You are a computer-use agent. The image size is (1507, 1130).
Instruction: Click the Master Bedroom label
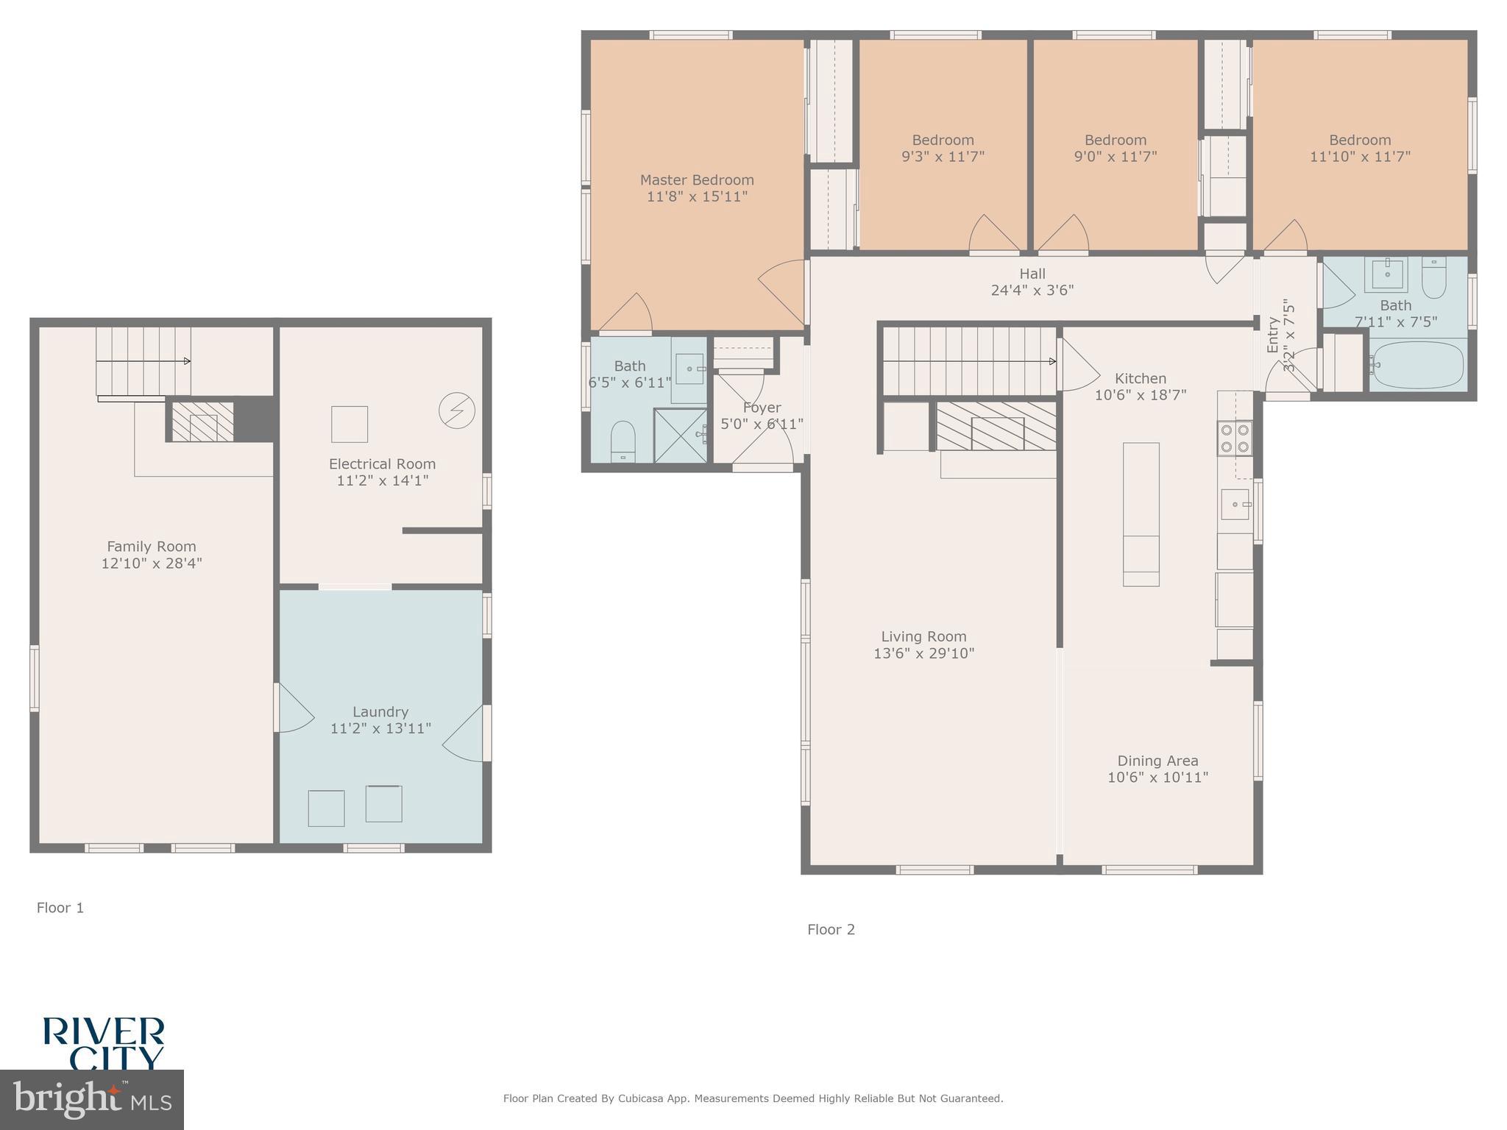tap(697, 180)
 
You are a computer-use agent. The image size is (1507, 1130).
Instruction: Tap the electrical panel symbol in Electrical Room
tap(456, 411)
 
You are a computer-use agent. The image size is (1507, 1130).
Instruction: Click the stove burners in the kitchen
tap(1235, 437)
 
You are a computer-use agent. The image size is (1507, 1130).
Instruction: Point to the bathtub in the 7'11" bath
tap(1417, 365)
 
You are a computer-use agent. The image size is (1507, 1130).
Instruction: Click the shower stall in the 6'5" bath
tap(680, 436)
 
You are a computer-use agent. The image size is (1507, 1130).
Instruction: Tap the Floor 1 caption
tap(60, 908)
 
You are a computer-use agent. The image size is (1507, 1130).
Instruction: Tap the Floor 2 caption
tap(831, 929)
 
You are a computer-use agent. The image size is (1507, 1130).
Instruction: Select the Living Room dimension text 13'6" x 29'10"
tap(923, 653)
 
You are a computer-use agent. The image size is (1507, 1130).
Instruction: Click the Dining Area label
tap(1157, 761)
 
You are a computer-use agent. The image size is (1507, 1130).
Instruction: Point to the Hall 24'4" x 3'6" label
tap(1032, 282)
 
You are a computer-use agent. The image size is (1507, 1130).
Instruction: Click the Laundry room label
tap(380, 711)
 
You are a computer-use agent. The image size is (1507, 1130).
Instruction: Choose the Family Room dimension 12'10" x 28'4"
tap(152, 564)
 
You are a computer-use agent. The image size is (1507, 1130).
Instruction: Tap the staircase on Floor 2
tap(968, 361)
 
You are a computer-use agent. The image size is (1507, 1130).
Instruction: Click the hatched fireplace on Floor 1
tap(203, 422)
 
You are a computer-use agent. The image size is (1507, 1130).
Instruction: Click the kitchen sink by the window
tap(1235, 504)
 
